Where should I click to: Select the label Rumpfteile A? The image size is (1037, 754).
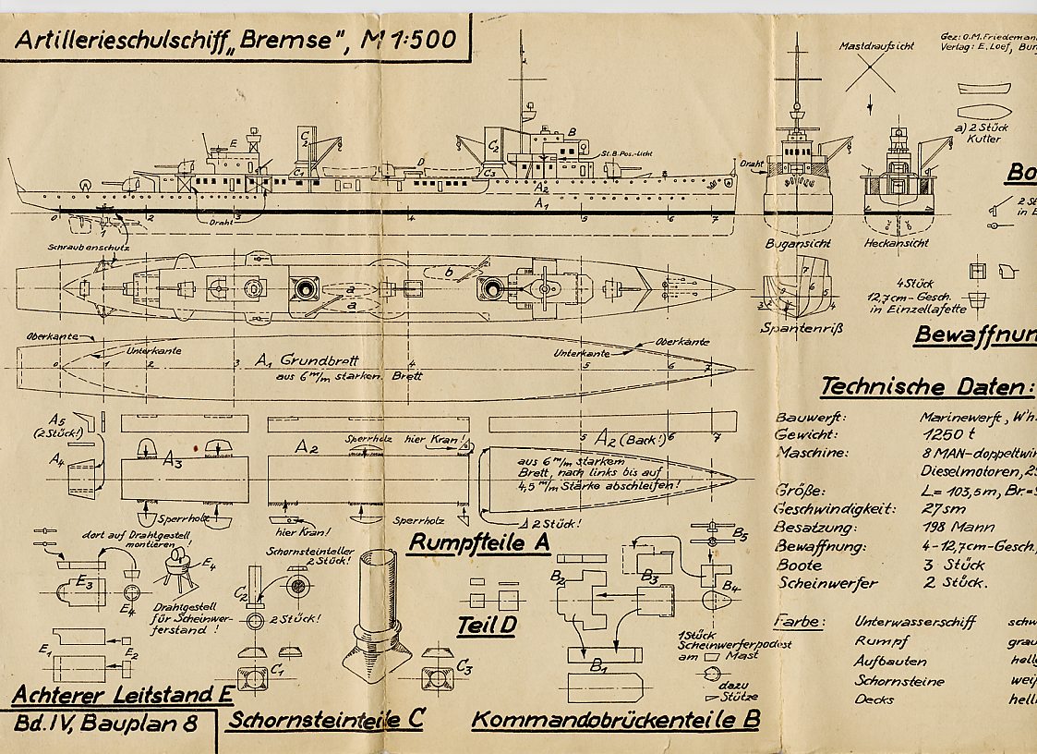[x=479, y=542]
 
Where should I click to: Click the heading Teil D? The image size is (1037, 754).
[x=486, y=626]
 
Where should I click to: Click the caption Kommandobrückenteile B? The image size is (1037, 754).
[x=615, y=720]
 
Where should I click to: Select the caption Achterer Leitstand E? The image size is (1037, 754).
[x=122, y=695]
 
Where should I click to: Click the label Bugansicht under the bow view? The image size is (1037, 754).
[x=798, y=243]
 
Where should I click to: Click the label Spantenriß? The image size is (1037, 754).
[x=798, y=327]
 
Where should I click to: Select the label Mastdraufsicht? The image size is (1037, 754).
[x=876, y=46]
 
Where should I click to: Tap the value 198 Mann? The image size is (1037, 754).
[x=947, y=527]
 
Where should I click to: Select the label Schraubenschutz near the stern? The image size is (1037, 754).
[x=89, y=248]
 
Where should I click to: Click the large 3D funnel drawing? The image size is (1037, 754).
[x=376, y=609]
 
